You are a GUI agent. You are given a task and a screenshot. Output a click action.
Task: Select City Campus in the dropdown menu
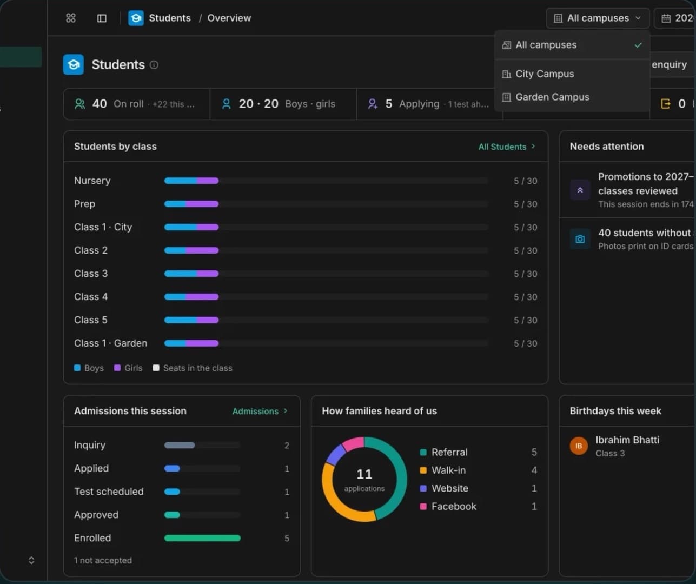click(545, 74)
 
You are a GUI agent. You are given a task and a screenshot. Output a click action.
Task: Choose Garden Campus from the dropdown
click(552, 97)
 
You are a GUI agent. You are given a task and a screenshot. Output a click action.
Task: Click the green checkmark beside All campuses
click(638, 45)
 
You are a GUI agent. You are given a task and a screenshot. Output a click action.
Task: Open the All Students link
click(507, 147)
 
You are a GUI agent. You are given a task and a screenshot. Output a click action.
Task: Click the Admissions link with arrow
click(260, 411)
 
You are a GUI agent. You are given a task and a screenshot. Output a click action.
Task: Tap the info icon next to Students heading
click(154, 65)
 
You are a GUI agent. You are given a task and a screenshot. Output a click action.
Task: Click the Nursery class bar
click(191, 181)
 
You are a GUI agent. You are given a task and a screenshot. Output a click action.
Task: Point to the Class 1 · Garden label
click(111, 343)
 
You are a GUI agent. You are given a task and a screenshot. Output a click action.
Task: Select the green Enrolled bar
click(202, 538)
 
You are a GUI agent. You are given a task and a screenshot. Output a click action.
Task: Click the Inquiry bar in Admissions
click(180, 445)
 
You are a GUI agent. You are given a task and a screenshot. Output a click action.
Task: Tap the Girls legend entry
click(128, 368)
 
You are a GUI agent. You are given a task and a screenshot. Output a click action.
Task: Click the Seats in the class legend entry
click(193, 368)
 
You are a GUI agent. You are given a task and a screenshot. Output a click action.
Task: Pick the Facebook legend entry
click(448, 506)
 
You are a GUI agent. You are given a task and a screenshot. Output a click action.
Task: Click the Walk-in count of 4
click(534, 470)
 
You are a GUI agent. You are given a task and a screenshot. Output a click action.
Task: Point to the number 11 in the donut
click(364, 474)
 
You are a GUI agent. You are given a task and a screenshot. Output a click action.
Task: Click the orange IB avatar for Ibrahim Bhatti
click(579, 446)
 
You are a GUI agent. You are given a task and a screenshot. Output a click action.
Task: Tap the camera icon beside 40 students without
click(580, 239)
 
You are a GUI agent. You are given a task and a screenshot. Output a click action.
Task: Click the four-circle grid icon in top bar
click(71, 18)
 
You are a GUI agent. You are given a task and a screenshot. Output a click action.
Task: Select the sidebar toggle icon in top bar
click(102, 18)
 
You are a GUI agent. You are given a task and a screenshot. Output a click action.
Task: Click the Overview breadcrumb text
click(229, 18)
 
